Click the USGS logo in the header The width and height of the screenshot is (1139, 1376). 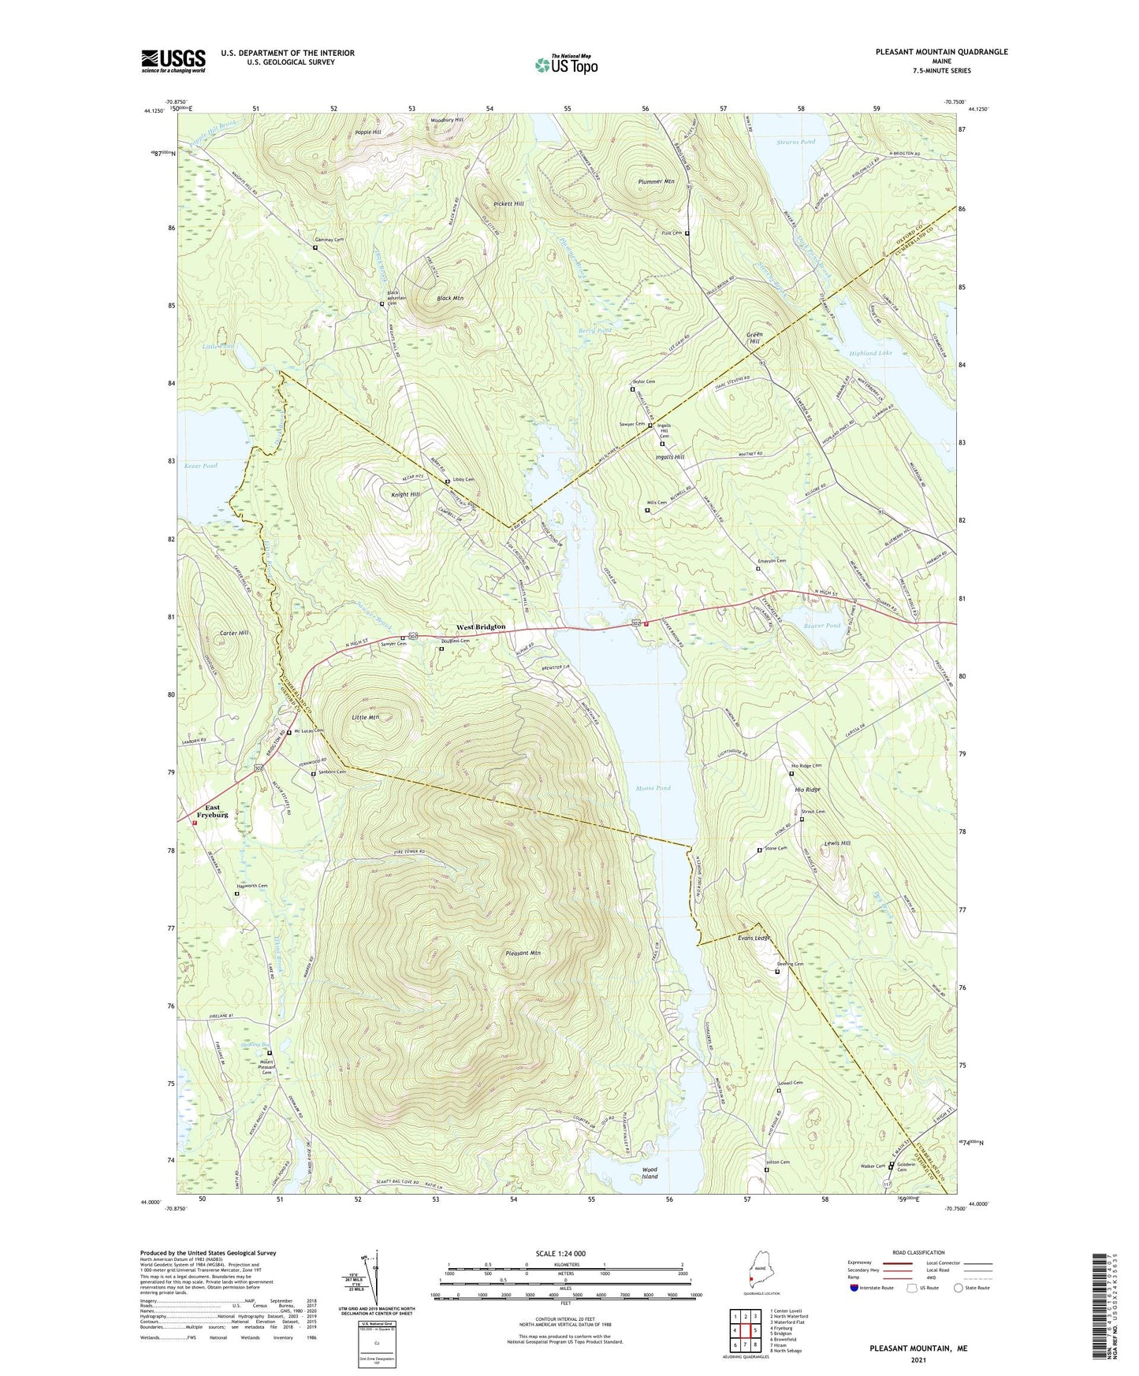(x=173, y=61)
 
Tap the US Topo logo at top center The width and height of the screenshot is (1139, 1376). (x=566, y=65)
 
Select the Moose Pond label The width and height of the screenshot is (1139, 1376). (x=653, y=788)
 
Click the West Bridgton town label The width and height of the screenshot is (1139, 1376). (x=481, y=627)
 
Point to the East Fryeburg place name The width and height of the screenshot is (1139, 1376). (x=212, y=811)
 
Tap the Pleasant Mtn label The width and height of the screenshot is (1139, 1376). (x=523, y=954)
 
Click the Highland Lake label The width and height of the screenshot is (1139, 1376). (x=870, y=353)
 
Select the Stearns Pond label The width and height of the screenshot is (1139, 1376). (x=795, y=142)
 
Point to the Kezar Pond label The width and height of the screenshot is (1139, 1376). (x=200, y=466)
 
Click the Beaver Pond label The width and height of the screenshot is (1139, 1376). (x=822, y=625)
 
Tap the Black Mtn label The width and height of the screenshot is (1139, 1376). (x=450, y=299)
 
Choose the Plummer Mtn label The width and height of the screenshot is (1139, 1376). (x=656, y=181)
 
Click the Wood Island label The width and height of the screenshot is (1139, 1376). (x=650, y=1173)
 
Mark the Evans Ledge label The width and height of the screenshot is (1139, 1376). (x=753, y=939)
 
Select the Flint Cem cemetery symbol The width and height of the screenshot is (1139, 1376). (x=687, y=234)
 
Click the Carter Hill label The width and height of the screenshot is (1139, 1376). (x=234, y=633)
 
